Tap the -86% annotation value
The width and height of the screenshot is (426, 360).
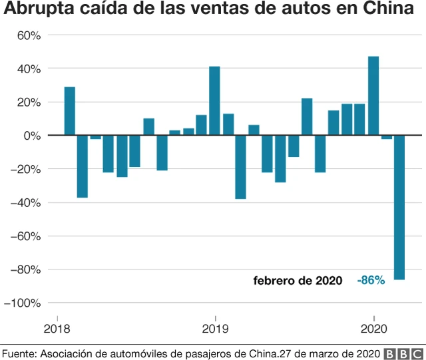point(371,281)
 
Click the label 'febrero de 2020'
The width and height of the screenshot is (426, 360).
point(298,281)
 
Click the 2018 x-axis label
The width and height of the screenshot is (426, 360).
point(57,328)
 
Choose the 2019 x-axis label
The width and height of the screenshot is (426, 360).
point(215,328)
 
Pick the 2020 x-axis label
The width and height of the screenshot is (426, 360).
point(373,328)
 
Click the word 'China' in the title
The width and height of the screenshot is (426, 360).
point(390,10)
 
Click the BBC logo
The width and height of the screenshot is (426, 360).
point(403,353)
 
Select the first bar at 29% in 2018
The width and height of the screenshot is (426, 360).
point(69,111)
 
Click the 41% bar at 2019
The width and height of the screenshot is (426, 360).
point(214,101)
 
